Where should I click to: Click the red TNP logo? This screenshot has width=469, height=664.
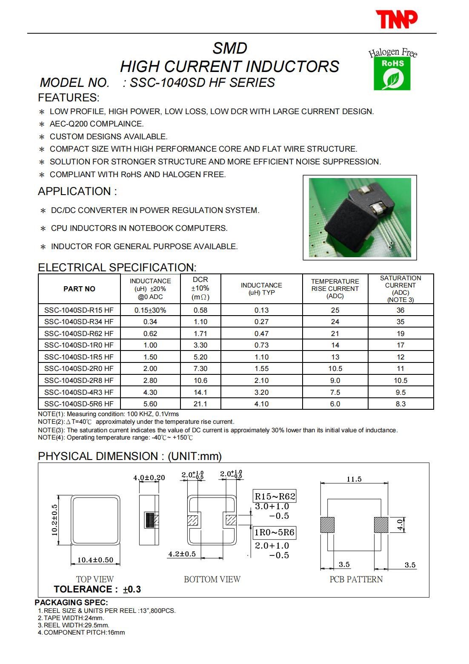pyautogui.click(x=396, y=19)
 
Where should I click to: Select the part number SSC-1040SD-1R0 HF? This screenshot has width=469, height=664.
pyautogui.click(x=79, y=345)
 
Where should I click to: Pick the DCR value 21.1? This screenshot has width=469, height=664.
pyautogui.click(x=200, y=404)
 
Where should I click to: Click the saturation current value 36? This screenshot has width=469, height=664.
pyautogui.click(x=400, y=310)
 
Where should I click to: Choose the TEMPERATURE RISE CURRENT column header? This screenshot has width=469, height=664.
pyautogui.click(x=335, y=288)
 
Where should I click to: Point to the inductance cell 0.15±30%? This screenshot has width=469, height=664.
pyautogui.click(x=150, y=310)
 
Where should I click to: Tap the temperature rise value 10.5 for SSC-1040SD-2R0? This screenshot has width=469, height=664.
pyautogui.click(x=335, y=368)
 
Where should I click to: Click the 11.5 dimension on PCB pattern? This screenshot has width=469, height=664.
pyautogui.click(x=354, y=479)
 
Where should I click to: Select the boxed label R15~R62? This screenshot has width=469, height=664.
pyautogui.click(x=275, y=496)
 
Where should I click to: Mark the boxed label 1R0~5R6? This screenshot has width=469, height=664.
pyautogui.click(x=275, y=532)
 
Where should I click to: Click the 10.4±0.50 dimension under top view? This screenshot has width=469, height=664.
pyautogui.click(x=95, y=560)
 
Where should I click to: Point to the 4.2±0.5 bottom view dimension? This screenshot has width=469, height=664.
pyautogui.click(x=182, y=554)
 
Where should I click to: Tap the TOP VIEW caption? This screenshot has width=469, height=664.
pyautogui.click(x=95, y=579)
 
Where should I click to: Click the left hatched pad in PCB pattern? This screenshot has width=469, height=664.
pyautogui.click(x=327, y=525)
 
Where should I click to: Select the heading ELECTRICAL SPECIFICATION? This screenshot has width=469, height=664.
pyautogui.click(x=117, y=267)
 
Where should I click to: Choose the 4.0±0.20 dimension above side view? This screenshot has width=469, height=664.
pyautogui.click(x=149, y=477)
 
